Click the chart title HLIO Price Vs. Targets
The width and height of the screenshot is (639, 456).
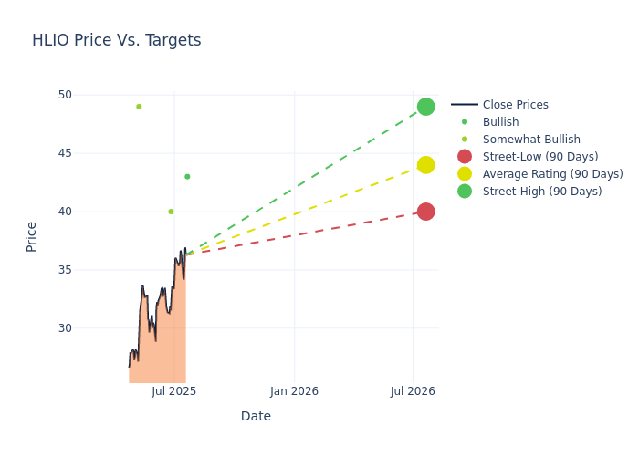116,41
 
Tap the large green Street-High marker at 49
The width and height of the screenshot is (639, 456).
425,107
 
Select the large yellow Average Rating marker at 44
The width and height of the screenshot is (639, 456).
425,165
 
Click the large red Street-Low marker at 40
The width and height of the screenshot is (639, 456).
425,212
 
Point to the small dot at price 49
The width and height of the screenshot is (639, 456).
139,107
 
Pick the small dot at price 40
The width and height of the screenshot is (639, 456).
171,212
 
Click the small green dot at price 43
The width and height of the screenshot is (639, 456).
187,177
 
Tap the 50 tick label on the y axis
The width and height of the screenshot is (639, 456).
65,95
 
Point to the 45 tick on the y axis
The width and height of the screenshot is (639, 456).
65,153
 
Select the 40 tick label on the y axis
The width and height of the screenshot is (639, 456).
65,212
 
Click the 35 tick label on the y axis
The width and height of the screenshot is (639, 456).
65,270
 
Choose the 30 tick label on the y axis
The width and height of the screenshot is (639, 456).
65,328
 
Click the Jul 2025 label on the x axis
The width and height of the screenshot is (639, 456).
174,391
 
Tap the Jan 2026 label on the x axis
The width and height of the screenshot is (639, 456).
294,391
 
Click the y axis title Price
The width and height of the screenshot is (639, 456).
32,236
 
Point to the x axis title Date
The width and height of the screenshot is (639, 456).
256,417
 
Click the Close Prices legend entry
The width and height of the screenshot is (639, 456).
515,105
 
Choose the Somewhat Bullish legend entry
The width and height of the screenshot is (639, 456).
531,140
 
